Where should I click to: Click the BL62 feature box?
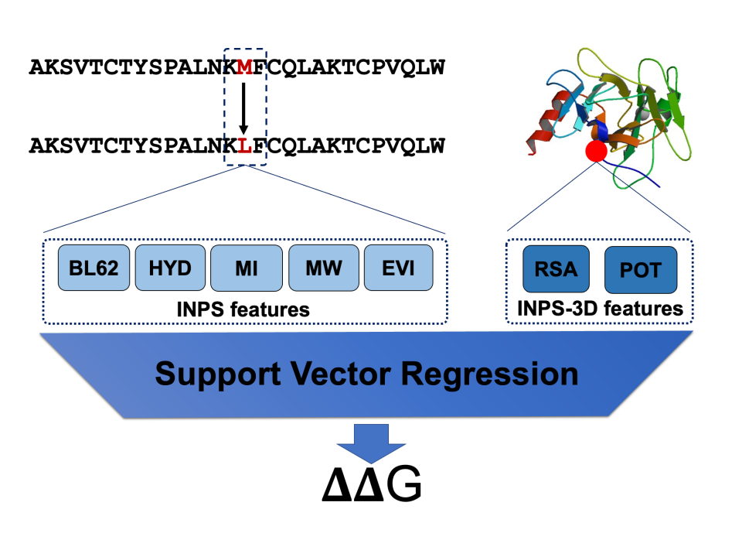94,268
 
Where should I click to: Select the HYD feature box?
170,268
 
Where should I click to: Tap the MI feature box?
246,268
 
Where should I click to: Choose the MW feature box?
324,268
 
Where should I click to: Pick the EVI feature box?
398,268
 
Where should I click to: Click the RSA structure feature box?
556,269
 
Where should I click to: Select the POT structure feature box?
640,270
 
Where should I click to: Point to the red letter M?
245,67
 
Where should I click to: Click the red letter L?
245,145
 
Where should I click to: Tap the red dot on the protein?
596,151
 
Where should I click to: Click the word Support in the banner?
219,374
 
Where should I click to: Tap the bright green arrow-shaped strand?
676,108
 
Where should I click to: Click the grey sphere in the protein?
641,114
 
